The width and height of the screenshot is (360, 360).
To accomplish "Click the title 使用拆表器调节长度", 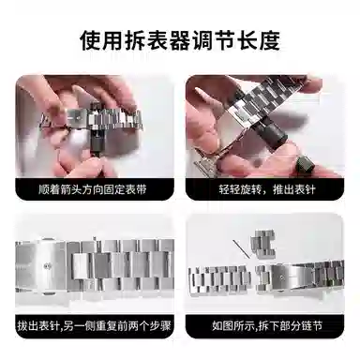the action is [x=180, y=40].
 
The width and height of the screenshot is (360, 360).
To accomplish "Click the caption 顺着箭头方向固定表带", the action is [x=93, y=189].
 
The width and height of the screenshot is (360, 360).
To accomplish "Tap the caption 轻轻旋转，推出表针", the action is [x=267, y=189].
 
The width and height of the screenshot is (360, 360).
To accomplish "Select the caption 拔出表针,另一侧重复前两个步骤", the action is [x=94, y=326].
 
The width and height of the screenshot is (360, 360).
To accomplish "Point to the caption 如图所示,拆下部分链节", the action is [x=267, y=326].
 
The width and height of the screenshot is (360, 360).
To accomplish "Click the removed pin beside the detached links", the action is [x=242, y=248].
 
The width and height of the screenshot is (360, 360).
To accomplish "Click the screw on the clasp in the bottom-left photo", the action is [x=47, y=266].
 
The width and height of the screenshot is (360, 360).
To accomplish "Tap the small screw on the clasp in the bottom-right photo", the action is [x=282, y=277].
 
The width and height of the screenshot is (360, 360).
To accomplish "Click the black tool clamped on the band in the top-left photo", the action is [x=96, y=127].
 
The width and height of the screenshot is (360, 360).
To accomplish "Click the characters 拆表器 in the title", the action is [x=150, y=40].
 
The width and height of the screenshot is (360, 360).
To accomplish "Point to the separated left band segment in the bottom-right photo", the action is [x=219, y=279].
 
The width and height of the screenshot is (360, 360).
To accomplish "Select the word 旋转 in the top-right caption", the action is [x=251, y=189].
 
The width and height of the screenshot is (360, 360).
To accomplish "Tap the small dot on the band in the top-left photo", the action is [x=78, y=118].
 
